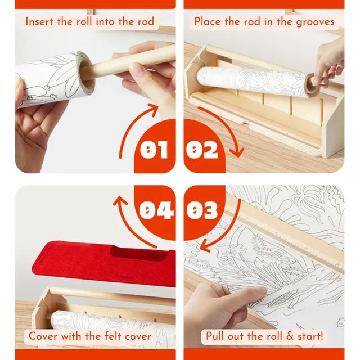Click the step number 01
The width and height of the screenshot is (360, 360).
pos(154,150)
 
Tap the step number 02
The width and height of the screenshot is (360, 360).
pos(202,150)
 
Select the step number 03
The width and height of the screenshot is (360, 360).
pos(202,210)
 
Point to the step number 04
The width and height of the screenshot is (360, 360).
pos(156,210)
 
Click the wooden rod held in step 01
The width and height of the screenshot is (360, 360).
pos(133,61)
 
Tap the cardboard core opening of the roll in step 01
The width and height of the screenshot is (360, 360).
pos(86,73)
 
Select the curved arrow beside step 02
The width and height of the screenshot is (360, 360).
pos(226,125)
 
